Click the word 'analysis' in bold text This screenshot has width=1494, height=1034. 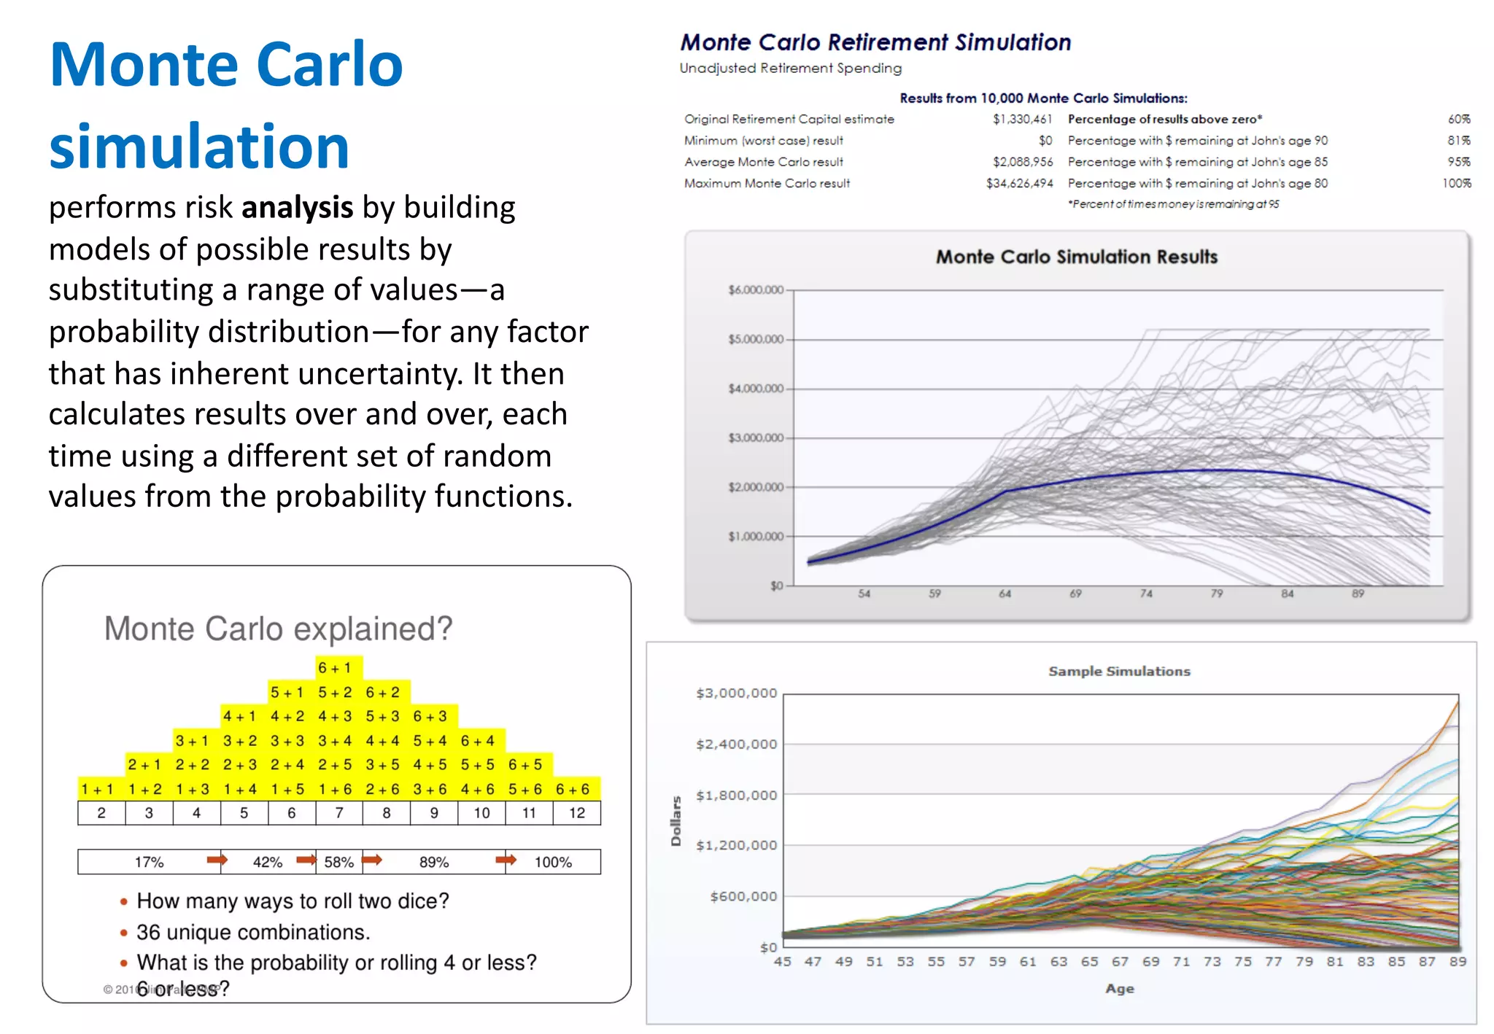297,209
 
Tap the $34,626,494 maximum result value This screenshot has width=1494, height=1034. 1019,184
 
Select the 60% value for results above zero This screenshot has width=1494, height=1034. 1458,120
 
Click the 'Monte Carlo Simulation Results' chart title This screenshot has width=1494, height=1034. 1077,257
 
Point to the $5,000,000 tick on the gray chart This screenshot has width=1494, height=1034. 756,340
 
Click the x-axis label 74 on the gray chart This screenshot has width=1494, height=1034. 1146,594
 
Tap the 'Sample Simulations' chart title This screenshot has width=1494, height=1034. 1119,672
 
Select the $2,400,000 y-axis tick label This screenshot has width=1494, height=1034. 736,745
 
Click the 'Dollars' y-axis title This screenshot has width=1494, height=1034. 676,821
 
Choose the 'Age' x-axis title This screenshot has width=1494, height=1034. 1120,990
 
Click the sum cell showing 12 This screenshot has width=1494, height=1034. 577,814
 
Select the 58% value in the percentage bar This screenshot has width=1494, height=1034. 338,863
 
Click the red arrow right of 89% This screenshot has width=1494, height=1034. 506,861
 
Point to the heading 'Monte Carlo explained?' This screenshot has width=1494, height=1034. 278,629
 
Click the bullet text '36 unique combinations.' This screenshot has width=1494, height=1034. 253,933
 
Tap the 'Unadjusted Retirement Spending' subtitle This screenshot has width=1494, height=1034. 790,69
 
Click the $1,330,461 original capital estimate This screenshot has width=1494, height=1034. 1022,120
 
